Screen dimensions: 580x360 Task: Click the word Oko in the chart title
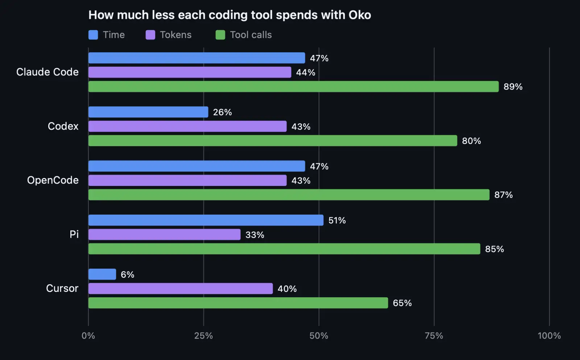click(x=360, y=15)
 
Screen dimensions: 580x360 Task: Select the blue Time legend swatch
click(x=93, y=35)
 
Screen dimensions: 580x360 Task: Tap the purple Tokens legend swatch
click(x=150, y=35)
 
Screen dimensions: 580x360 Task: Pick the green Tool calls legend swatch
click(x=220, y=35)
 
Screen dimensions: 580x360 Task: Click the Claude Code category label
click(x=47, y=72)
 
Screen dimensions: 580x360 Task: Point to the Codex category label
click(x=63, y=126)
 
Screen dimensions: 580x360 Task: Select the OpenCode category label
click(x=53, y=180)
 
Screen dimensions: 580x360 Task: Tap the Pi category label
click(x=74, y=234)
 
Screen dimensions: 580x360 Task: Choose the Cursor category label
click(x=62, y=288)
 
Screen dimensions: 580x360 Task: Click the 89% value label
click(x=513, y=87)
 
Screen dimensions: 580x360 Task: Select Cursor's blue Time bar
click(x=102, y=274)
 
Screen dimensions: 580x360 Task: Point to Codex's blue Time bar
click(x=148, y=112)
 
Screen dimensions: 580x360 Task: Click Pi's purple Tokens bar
click(x=165, y=235)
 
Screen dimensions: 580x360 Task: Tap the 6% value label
click(x=127, y=274)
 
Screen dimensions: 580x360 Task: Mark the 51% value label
click(x=337, y=220)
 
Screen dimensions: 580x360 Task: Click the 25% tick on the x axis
click(x=203, y=336)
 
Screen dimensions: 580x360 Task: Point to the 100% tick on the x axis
click(x=549, y=336)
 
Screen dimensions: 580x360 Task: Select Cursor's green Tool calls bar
click(x=238, y=303)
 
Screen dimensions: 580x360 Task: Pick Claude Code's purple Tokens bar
click(x=190, y=72)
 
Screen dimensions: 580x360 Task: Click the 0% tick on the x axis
click(x=88, y=336)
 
